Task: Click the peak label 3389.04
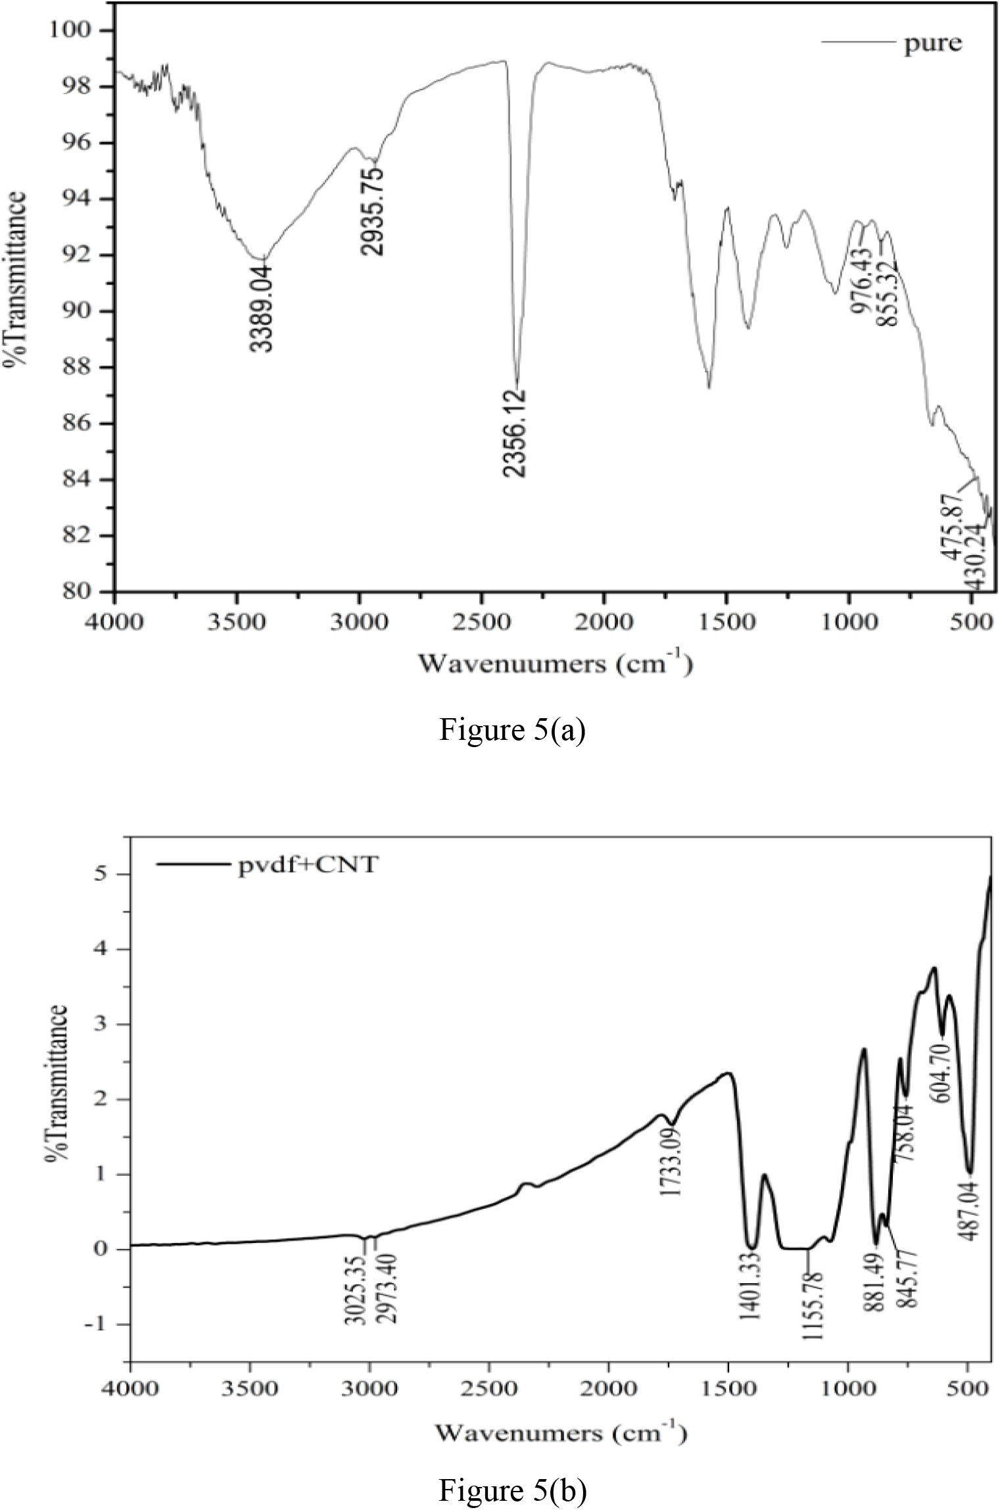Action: point(263,306)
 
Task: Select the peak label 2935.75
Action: point(375,210)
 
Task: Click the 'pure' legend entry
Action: point(932,43)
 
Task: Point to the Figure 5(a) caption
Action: point(512,731)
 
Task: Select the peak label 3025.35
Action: point(356,1303)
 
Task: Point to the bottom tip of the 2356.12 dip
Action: point(517,381)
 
